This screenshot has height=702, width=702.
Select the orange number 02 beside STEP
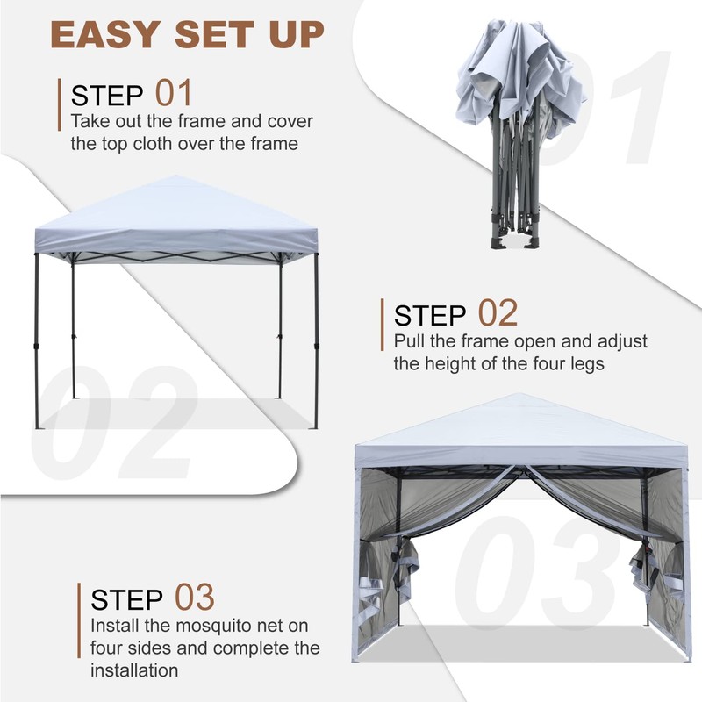pos(498,312)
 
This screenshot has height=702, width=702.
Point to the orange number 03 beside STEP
pos(195,597)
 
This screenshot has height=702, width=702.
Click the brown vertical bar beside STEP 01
pos(60,104)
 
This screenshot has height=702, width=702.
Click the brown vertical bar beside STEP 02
pos(383,325)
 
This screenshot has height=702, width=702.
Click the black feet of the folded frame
pos(509,243)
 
